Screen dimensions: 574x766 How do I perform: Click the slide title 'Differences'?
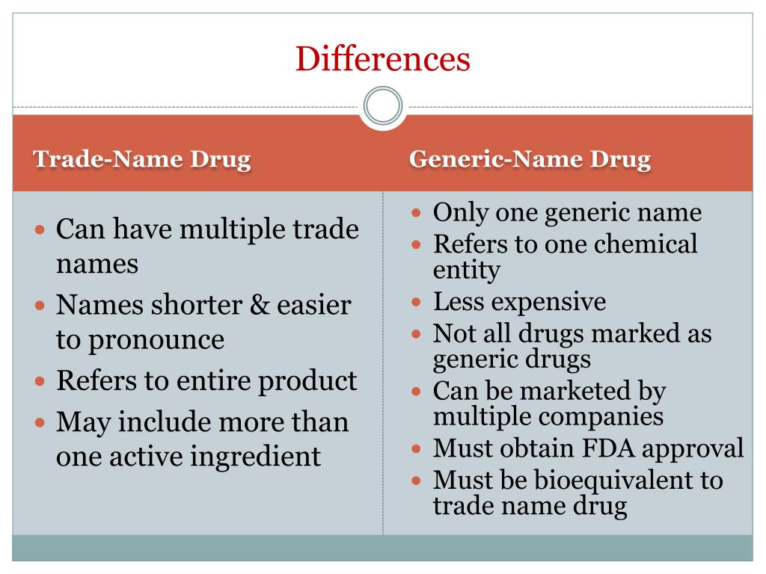(382, 59)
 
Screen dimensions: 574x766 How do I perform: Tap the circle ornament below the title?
(382, 106)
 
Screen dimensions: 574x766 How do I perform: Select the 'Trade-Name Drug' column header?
(142, 159)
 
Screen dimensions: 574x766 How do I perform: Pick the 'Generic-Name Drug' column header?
(530, 159)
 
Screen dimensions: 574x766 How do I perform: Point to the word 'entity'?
(466, 269)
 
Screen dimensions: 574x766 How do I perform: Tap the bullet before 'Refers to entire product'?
(41, 381)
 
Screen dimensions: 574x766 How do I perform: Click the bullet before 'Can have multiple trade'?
(41, 229)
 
